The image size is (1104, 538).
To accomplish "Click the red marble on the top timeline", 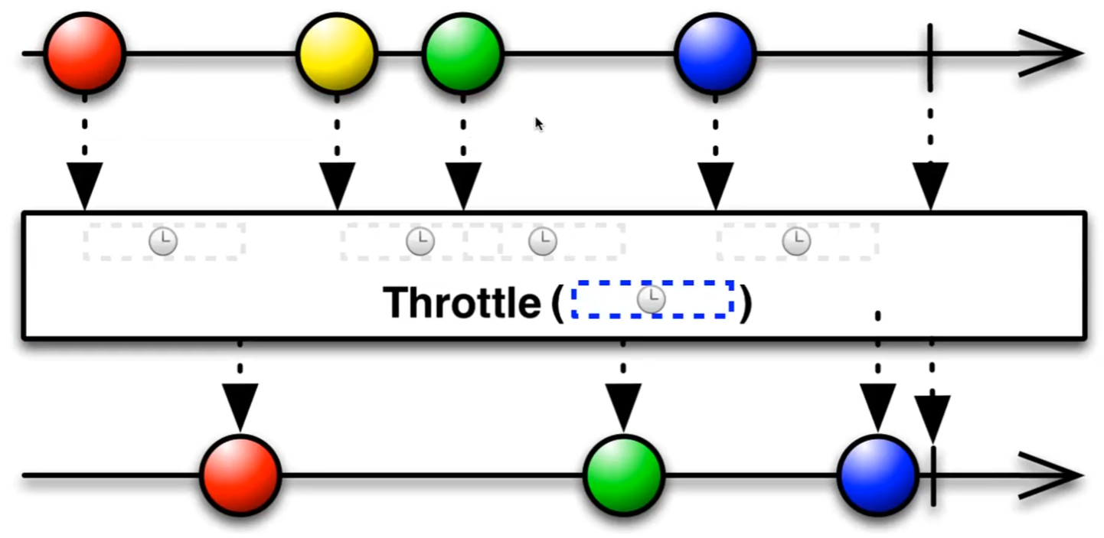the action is (x=84, y=53).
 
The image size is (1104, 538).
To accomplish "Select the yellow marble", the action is (x=337, y=53).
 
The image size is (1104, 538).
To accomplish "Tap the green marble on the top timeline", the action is (x=462, y=53).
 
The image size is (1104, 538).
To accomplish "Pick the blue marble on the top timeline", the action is (x=715, y=53).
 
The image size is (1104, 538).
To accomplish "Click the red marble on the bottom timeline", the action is (x=240, y=474).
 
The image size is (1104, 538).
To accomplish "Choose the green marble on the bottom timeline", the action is (x=623, y=474).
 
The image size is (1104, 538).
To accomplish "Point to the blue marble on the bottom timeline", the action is (x=877, y=474).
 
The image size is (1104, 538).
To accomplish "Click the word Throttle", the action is (x=462, y=302).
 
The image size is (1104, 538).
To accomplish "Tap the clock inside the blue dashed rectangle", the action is (x=652, y=300).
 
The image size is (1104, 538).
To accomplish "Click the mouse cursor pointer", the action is (x=539, y=124).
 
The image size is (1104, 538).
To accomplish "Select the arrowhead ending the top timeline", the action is (x=1050, y=54).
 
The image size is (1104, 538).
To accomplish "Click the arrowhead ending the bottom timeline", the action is (x=1050, y=475).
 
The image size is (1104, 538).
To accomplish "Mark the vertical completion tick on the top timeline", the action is (x=930, y=54).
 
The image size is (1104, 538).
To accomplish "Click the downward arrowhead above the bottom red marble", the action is (x=240, y=406).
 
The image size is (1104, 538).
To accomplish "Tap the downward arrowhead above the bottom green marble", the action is (x=623, y=406).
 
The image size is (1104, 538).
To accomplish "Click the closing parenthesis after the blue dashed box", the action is (x=744, y=302).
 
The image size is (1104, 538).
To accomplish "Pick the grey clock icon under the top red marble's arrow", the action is (x=163, y=242).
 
